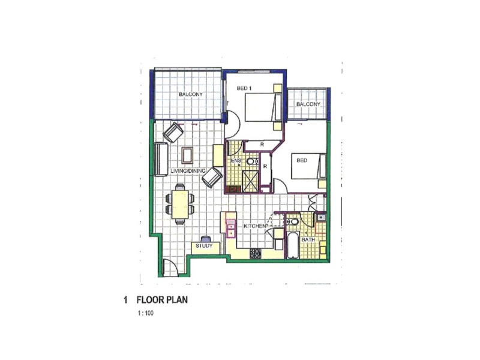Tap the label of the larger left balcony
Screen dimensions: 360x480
(191, 95)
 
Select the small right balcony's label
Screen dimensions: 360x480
(308, 105)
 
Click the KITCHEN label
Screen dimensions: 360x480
(255, 226)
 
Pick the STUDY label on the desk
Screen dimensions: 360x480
(203, 246)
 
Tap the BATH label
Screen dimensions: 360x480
(308, 240)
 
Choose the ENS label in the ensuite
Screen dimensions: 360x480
(236, 161)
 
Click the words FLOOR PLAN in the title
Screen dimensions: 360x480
(163, 299)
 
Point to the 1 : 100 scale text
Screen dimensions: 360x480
(145, 313)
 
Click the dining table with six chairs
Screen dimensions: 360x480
(179, 203)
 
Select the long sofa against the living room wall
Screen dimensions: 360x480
(160, 159)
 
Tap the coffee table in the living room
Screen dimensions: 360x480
(187, 155)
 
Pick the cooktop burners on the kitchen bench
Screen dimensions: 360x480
(256, 253)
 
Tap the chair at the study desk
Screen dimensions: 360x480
(205, 238)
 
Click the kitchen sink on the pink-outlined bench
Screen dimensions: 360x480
(230, 226)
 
